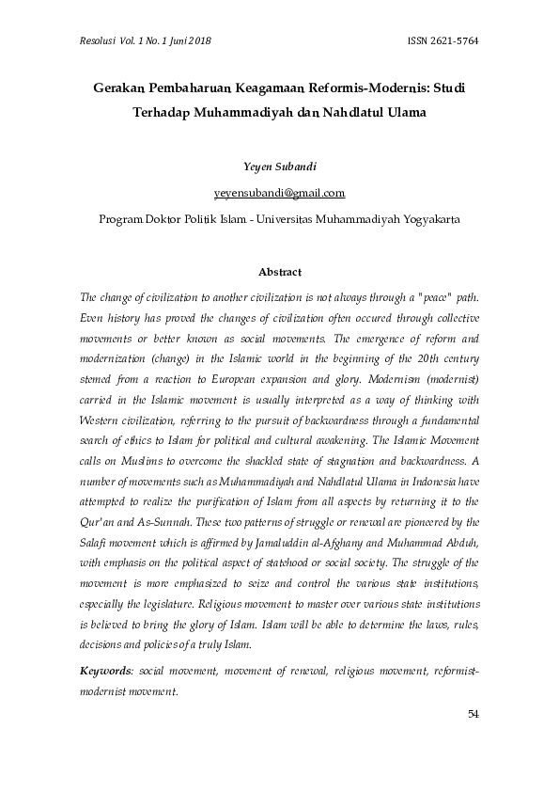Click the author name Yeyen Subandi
click(279, 167)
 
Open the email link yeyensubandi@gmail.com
click(279, 193)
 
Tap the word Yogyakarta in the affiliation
click(416, 219)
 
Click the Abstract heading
click(279, 272)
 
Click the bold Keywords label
click(106, 670)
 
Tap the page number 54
click(474, 715)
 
